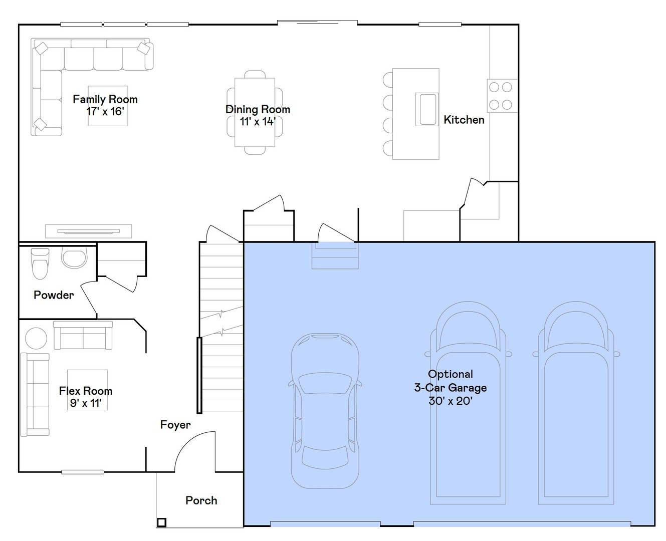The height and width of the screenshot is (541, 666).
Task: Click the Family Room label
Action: (105, 99)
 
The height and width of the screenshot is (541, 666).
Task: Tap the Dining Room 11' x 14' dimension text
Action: (258, 122)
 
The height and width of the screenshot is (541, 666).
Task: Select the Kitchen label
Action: (464, 120)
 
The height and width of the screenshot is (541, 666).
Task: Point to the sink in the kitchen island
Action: (427, 109)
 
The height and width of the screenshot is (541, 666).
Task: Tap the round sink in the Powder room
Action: (74, 257)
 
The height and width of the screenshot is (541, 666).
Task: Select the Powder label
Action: (54, 295)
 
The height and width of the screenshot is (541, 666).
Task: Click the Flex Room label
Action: (86, 391)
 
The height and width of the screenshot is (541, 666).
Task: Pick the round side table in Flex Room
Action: (36, 338)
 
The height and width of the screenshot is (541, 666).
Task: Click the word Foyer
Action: (175, 425)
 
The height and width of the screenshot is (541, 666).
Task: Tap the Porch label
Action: (201, 500)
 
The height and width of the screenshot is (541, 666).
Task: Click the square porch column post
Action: (161, 522)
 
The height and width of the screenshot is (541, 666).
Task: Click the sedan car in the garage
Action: (325, 411)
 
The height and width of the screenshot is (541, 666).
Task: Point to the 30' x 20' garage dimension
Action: (450, 401)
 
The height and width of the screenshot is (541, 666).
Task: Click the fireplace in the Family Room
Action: (89, 231)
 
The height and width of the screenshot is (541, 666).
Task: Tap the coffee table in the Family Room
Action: (108, 106)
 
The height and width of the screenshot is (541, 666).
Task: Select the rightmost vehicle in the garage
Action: (576, 406)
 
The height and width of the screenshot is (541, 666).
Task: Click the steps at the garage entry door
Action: (335, 256)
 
